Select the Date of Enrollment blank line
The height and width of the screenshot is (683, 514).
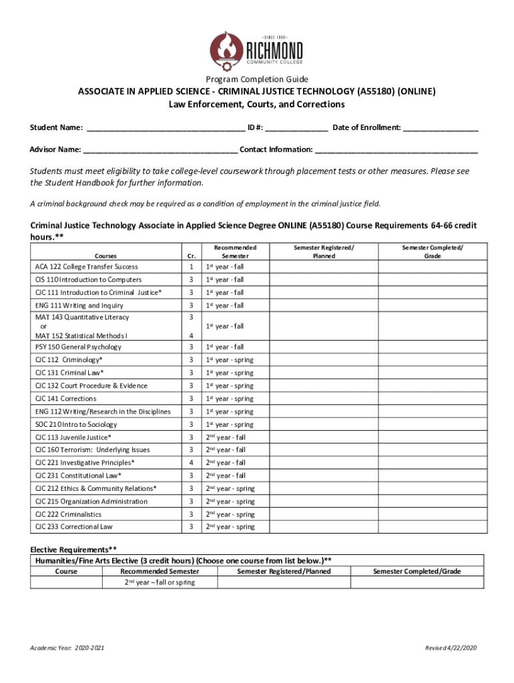tap(441, 128)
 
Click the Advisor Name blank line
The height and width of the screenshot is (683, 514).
tap(161, 150)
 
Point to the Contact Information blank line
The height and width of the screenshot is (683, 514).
tap(397, 150)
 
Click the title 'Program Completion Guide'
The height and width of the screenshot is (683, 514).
tap(257, 79)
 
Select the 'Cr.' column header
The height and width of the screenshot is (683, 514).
tap(191, 255)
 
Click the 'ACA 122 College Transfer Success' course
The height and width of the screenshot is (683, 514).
tap(87, 267)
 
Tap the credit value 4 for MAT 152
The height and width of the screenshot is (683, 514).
tap(191, 335)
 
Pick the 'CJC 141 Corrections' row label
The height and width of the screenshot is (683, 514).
tap(65, 399)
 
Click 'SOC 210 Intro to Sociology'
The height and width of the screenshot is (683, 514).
tap(76, 425)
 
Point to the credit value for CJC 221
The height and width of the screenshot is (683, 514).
tap(191, 463)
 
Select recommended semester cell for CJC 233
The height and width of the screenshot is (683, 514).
tap(230, 527)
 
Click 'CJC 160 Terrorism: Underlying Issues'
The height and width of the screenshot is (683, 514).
tap(93, 450)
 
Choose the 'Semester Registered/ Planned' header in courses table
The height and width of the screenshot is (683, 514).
tap(324, 251)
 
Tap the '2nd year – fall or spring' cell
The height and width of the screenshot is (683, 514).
tap(160, 583)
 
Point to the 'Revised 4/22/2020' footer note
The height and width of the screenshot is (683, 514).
tap(451, 648)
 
